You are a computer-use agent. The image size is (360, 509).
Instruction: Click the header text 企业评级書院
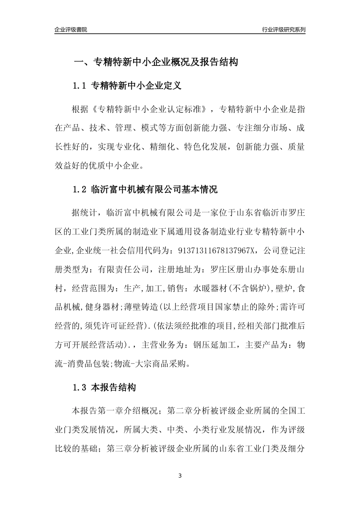click(71, 30)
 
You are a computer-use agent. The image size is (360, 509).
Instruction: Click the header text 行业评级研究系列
click(283, 30)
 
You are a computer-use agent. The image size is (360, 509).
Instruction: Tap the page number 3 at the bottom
click(180, 476)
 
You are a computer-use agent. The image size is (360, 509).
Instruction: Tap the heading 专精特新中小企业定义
click(136, 86)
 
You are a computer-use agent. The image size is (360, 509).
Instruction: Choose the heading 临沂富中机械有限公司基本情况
click(155, 189)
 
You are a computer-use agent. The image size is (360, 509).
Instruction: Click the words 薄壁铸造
click(141, 307)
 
